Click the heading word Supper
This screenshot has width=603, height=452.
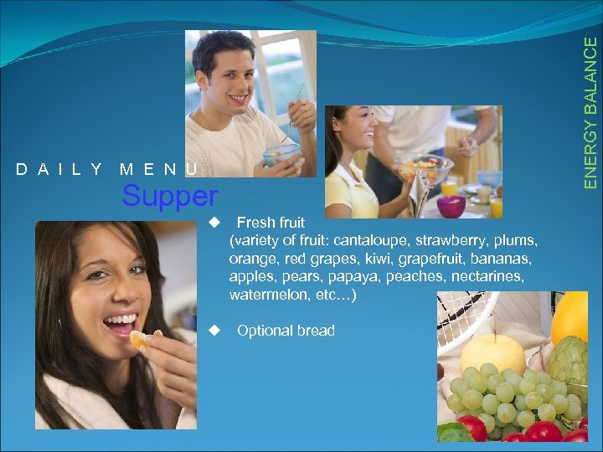point(169,197)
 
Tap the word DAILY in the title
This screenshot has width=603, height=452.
point(59,170)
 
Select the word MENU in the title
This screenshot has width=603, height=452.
point(159,170)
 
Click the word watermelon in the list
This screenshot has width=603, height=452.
point(267,295)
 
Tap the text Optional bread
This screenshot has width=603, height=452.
point(286,331)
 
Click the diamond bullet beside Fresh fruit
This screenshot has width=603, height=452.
point(215,223)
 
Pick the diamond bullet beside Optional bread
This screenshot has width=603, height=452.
point(215,331)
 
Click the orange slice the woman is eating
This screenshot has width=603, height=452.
point(138,340)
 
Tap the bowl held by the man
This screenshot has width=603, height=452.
point(281,154)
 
